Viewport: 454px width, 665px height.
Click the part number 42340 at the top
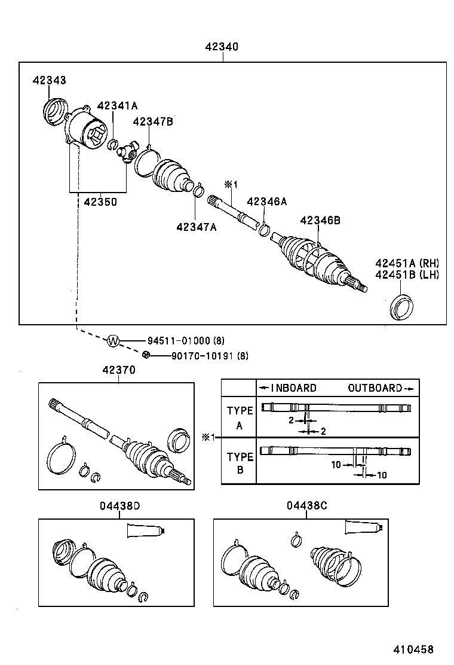[x=222, y=47]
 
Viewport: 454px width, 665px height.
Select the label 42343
[x=50, y=80]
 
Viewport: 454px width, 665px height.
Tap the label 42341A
[x=117, y=106]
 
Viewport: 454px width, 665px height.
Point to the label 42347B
[x=153, y=122]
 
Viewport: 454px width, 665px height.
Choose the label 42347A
[x=197, y=227]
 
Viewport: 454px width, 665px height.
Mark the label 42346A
[x=266, y=202]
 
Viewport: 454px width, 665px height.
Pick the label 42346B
[x=320, y=221]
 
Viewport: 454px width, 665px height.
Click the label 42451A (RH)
[x=407, y=263]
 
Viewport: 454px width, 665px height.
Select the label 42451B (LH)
[x=407, y=274]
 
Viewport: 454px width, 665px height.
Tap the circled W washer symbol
[x=113, y=341]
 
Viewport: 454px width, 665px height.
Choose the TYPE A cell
[x=240, y=417]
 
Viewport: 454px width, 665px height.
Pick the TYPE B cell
[x=240, y=463]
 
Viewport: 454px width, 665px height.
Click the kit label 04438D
[x=120, y=506]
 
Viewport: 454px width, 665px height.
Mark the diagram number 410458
[x=413, y=649]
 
